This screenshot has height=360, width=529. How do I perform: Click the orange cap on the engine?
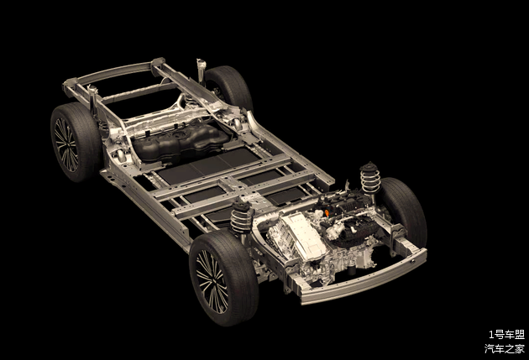327,213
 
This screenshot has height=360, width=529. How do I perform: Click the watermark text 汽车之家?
505,348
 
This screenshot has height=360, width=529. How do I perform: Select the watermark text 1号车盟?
506,334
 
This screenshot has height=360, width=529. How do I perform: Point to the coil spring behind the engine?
370,178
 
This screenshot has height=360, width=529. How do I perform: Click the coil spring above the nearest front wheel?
242,216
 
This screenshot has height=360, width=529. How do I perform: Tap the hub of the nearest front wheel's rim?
212,281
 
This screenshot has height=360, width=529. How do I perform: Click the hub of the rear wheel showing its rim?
66,144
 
